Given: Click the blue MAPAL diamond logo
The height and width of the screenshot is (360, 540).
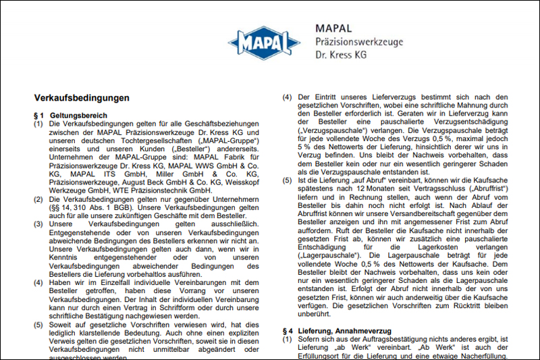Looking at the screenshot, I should point(264,44).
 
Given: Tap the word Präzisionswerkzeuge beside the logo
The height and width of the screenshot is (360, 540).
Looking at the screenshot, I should point(359,41).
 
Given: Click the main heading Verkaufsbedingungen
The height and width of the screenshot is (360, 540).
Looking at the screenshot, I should point(82,98).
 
